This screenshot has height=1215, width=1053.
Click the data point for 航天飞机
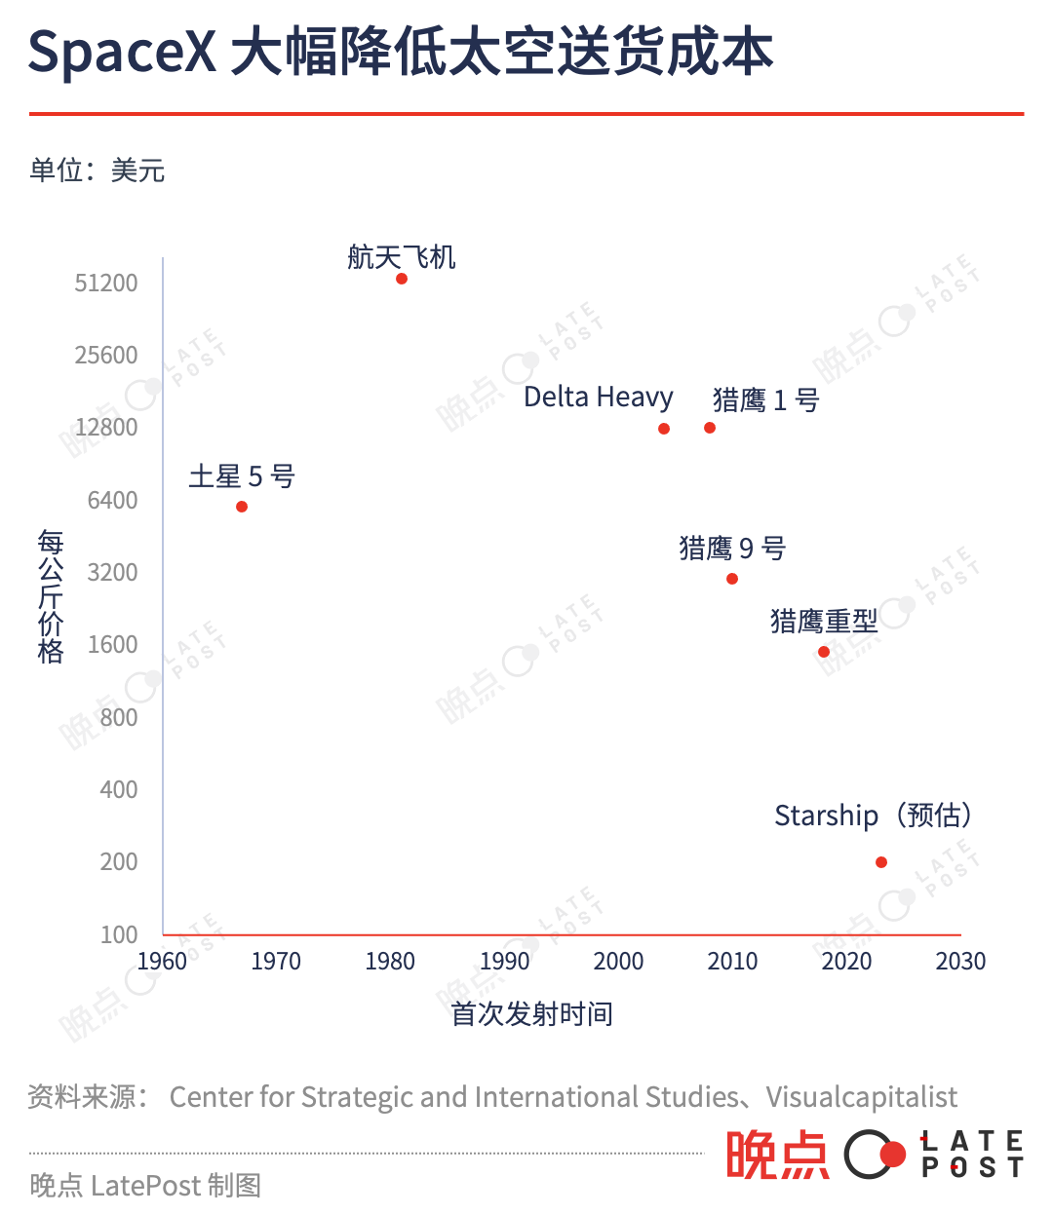[402, 279]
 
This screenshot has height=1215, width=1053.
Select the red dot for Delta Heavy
[664, 429]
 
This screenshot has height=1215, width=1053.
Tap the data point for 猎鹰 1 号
[710, 428]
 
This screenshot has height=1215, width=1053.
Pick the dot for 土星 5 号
[242, 507]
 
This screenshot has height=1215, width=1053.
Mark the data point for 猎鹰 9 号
[732, 579]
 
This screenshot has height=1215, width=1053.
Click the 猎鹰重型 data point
[824, 652]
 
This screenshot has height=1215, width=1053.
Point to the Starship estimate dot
[881, 862]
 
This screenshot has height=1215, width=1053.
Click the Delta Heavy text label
[598, 398]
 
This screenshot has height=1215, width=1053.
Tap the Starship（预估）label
[873, 816]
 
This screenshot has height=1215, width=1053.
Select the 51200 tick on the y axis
[106, 284]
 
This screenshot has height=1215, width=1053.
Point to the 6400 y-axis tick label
[112, 501]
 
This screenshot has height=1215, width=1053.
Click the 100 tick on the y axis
[119, 935]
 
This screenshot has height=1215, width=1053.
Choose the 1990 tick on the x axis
[504, 962]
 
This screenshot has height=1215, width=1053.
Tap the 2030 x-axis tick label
[960, 962]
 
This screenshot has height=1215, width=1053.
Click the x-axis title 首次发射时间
[531, 1014]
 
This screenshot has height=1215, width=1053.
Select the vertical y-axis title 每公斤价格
[51, 596]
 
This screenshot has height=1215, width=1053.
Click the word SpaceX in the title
[123, 53]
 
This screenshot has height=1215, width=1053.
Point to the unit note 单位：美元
[97, 171]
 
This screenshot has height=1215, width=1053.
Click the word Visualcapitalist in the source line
[861, 1097]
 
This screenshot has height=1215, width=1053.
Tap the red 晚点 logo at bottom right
[776, 1156]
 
